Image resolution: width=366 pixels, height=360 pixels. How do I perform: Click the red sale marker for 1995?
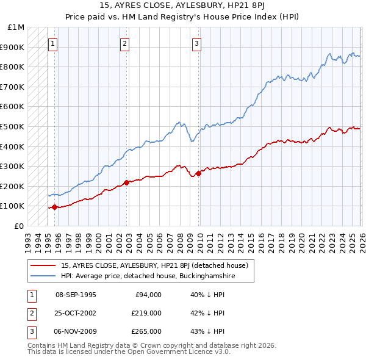coord(54,207)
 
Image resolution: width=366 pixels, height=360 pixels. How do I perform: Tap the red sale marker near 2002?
coord(126,182)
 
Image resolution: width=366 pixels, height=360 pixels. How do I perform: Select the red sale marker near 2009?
coord(198,173)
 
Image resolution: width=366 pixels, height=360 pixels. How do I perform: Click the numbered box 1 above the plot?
coord(52,43)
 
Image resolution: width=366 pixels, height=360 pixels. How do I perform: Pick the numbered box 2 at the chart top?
coord(124,43)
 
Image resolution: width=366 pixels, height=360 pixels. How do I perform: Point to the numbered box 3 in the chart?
coord(197,43)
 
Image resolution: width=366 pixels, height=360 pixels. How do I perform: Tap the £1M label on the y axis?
coord(16,27)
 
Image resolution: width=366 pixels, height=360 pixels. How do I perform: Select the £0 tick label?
coord(19,226)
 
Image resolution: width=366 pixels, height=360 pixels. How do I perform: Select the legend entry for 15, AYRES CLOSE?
coord(154,265)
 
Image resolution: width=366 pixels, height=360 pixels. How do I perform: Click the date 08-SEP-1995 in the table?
coord(76,295)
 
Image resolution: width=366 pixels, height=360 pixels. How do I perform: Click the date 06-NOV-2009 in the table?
coord(76,331)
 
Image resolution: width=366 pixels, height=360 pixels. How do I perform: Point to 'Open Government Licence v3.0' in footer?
coord(178,352)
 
